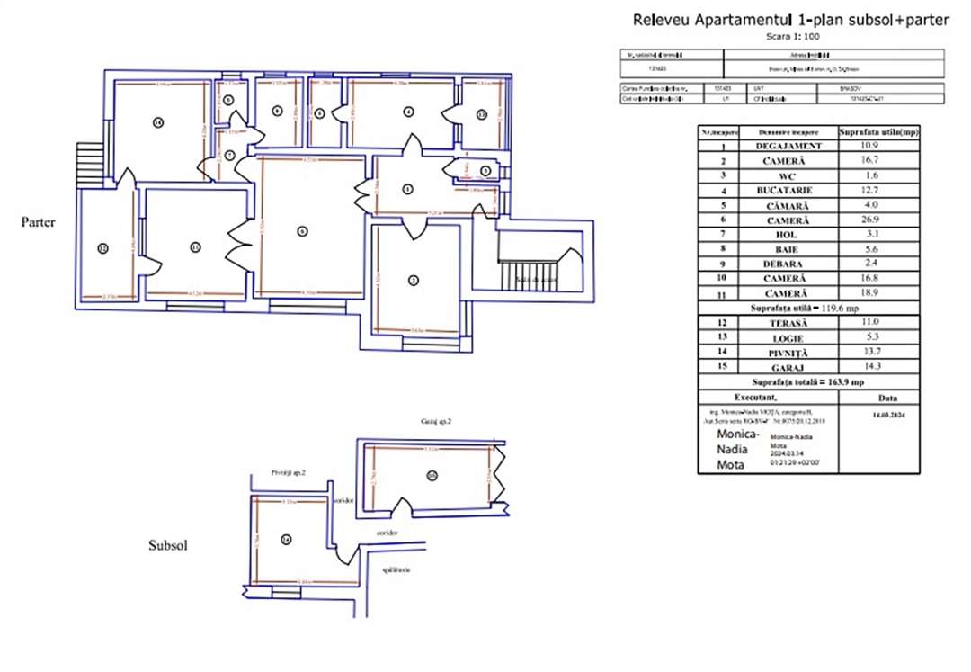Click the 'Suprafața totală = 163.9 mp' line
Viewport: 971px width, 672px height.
(x=808, y=381)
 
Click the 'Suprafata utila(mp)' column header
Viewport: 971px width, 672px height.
(x=878, y=131)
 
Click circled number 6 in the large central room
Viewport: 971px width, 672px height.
(x=302, y=230)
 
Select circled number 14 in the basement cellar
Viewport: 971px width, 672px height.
(x=286, y=540)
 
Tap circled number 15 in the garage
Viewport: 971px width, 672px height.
(x=432, y=476)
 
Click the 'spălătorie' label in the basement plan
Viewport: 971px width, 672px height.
(x=396, y=569)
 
